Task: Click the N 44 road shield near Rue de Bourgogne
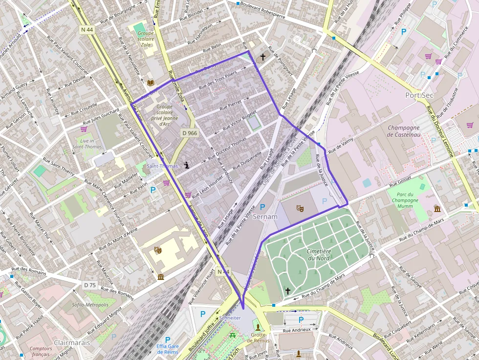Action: coord(87,30)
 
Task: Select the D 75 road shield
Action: coord(89,285)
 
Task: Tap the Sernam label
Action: coord(266,216)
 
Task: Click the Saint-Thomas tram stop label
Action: coord(162,166)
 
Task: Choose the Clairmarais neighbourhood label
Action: coord(72,342)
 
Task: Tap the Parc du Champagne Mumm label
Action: coord(404,200)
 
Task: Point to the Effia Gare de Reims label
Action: coord(168,349)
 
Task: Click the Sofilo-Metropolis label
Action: coord(90,305)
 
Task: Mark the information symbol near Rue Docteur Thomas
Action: coord(187,165)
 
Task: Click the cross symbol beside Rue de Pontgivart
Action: coord(263,57)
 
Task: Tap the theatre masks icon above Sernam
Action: coord(300,208)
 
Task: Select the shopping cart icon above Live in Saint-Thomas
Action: coord(84,129)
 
